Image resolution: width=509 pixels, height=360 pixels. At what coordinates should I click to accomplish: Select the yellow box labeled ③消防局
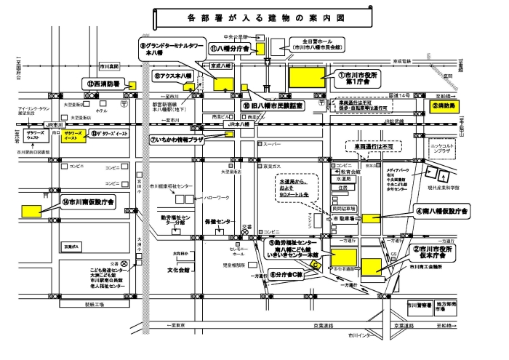443,105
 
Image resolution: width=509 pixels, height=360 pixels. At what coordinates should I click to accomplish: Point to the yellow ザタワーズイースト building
72,137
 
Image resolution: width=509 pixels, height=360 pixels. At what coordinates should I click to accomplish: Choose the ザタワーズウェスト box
35,137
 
